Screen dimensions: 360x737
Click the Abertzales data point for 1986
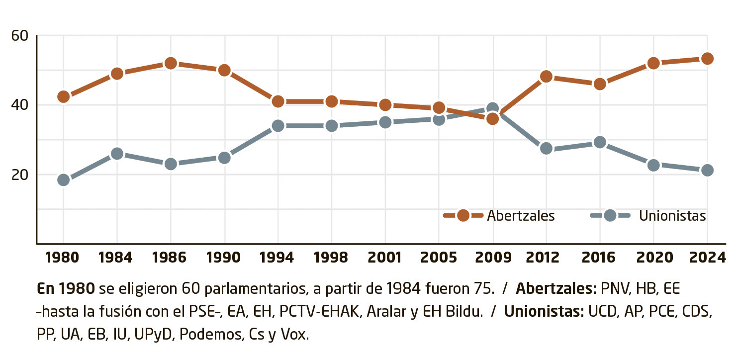coord(171,63)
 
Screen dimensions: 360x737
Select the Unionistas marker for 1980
coord(63,180)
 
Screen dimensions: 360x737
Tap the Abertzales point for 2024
coord(707,59)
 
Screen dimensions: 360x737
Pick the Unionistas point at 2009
coord(492,108)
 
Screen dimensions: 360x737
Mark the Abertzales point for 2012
coord(546,77)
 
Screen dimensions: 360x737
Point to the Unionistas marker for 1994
coord(278,126)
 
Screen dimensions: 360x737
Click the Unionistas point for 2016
coord(600,143)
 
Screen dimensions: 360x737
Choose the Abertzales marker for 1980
coord(63,96)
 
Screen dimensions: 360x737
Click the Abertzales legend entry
coord(499,216)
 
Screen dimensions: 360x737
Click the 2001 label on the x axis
coord(385,257)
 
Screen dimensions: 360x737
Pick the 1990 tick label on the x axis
coord(224,257)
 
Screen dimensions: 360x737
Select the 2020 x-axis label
coord(653,257)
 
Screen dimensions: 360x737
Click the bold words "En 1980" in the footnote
coord(66,288)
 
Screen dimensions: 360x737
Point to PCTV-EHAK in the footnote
coord(316,312)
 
